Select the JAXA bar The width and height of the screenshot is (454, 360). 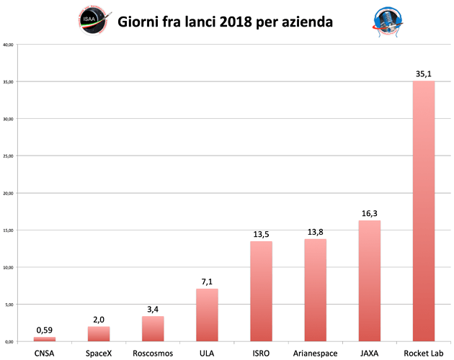[370, 280]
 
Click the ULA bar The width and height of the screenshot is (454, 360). [207, 314]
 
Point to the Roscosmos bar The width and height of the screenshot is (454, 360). [153, 328]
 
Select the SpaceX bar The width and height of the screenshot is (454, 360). [98, 333]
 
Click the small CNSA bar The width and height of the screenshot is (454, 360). [44, 338]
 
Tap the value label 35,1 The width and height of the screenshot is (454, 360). [424, 73]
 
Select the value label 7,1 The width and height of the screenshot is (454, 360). [207, 281]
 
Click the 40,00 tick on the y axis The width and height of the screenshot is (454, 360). [9, 45]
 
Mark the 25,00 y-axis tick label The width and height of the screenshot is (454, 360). [9, 156]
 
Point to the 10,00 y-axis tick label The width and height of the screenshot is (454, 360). [9, 267]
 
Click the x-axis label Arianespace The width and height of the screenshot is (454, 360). [315, 353]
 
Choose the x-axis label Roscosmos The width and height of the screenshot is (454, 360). [153, 353]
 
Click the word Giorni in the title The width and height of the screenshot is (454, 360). [143, 22]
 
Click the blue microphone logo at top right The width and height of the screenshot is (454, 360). [386, 21]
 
